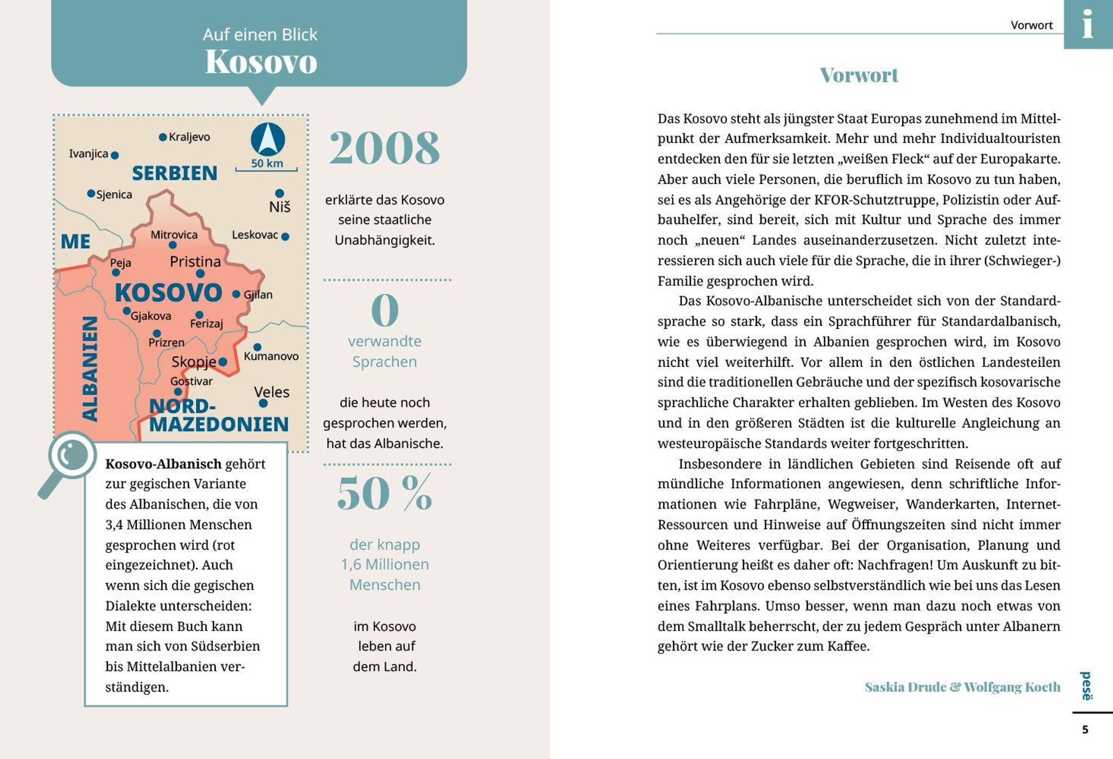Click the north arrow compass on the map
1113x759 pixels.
point(268,140)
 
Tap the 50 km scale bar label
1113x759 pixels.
point(267,163)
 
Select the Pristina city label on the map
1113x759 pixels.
point(195,262)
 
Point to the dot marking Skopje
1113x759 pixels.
point(223,362)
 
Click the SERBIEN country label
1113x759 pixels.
point(175,173)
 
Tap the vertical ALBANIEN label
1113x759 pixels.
point(90,369)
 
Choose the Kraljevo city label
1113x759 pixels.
point(189,137)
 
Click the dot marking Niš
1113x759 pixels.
point(280,193)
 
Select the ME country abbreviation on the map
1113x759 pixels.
point(76,242)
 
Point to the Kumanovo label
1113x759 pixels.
point(271,356)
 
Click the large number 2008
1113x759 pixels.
point(384,148)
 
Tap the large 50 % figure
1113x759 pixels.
point(384,494)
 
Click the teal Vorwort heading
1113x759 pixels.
point(859,75)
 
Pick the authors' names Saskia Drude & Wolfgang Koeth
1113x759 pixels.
point(962,687)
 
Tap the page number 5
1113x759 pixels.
point(1085,730)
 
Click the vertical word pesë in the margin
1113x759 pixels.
point(1086,686)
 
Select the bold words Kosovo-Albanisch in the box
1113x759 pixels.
point(163,464)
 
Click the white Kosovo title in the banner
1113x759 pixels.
point(261,62)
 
